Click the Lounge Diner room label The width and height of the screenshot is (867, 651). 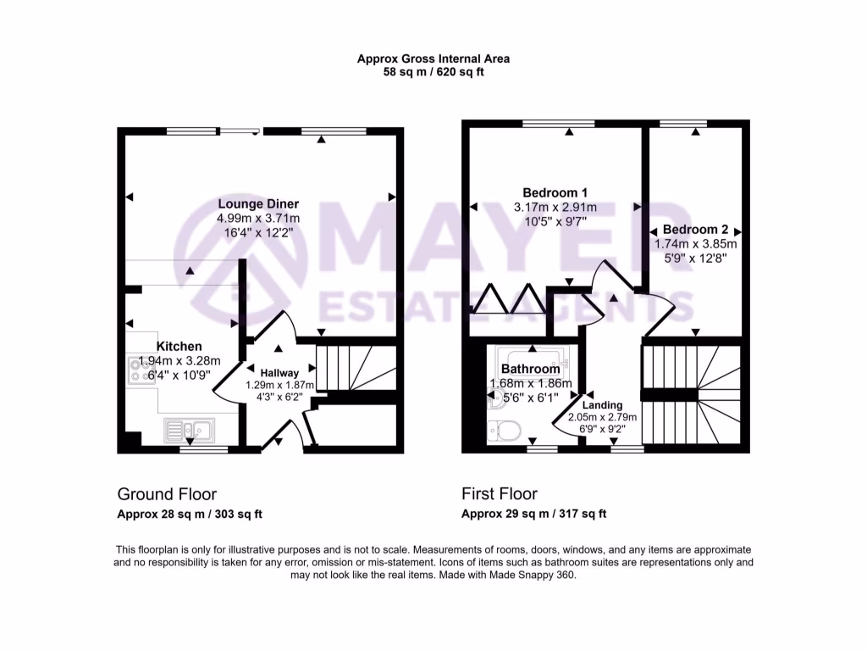pyautogui.click(x=258, y=203)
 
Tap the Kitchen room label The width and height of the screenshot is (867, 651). pyautogui.click(x=179, y=346)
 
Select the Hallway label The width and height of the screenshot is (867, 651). pyautogui.click(x=279, y=372)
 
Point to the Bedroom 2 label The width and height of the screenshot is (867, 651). pyautogui.click(x=695, y=230)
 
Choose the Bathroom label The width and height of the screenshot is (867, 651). pyautogui.click(x=530, y=369)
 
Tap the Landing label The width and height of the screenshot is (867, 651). pyautogui.click(x=602, y=405)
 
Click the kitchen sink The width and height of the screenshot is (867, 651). pyautogui.click(x=189, y=430)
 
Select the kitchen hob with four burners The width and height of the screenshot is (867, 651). pyautogui.click(x=139, y=371)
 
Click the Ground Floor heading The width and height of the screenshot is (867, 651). pyautogui.click(x=167, y=494)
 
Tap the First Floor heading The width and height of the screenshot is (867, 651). pyautogui.click(x=500, y=494)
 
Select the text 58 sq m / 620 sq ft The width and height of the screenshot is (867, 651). pyautogui.click(x=433, y=73)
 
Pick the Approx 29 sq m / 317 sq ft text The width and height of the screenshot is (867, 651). pyautogui.click(x=533, y=514)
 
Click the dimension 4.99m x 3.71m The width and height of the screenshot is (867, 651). pyautogui.click(x=258, y=218)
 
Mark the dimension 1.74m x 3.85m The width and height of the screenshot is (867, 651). pyautogui.click(x=695, y=244)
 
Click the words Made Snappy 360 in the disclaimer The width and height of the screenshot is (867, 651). pyautogui.click(x=537, y=575)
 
